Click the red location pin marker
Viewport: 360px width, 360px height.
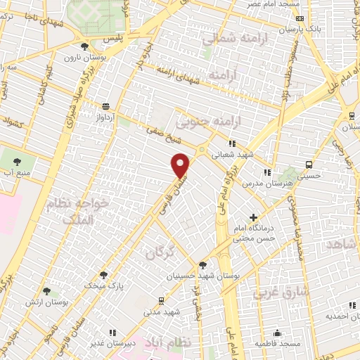[181, 165]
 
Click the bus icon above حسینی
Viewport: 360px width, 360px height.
[309, 165]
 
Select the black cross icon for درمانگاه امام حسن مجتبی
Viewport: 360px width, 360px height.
[253, 218]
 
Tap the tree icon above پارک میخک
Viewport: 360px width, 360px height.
[103, 275]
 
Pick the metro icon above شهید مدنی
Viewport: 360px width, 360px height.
[161, 300]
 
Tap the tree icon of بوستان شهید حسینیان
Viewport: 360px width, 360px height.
[202, 265]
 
